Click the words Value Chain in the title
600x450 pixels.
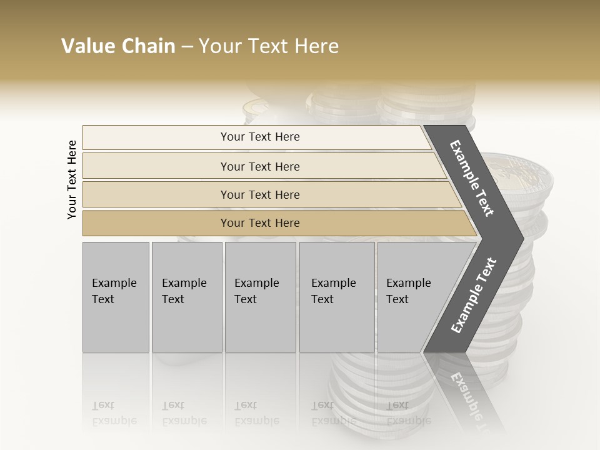tap(118, 46)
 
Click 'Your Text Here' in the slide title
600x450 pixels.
tap(269, 46)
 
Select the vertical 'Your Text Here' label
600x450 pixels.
tap(72, 179)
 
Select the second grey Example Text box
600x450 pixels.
tap(187, 297)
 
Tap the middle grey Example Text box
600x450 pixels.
tap(260, 297)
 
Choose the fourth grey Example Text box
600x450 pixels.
tap(337, 297)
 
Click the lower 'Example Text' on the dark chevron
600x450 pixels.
tap(474, 295)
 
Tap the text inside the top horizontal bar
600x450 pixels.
tap(260, 137)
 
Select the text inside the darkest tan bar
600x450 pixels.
tap(260, 223)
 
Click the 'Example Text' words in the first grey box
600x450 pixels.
tap(114, 291)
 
